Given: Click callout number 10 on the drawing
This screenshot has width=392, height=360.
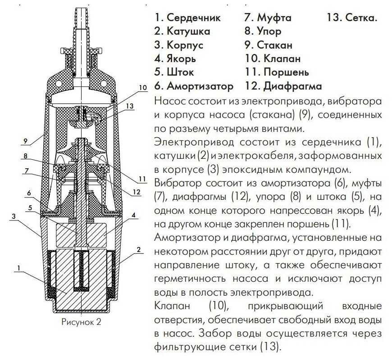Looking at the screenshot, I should [x=143, y=88].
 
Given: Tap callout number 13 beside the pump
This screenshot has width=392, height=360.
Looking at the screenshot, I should [x=130, y=106].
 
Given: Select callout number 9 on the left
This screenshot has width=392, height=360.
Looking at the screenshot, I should [x=25, y=141].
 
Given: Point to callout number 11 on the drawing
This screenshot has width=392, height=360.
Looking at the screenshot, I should [x=142, y=179].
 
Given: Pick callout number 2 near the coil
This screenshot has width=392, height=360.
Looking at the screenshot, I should [x=139, y=249].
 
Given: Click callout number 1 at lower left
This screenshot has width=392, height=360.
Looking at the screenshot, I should [x=18, y=268].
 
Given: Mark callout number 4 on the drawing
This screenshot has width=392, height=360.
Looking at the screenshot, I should [x=134, y=215].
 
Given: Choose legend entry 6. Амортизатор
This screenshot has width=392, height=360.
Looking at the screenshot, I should [x=194, y=85].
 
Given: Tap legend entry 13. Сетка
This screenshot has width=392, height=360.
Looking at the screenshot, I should [x=352, y=18].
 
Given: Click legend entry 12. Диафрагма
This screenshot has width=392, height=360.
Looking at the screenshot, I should [x=283, y=85].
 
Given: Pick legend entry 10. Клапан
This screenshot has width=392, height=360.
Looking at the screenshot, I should [x=272, y=58].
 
